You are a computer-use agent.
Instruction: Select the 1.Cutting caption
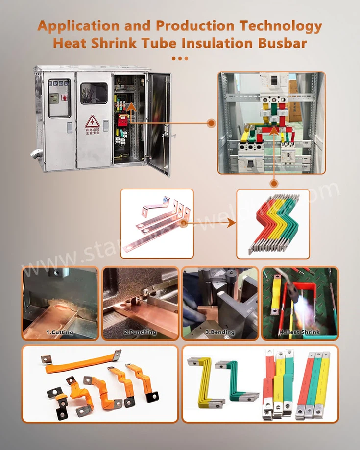[60, 332]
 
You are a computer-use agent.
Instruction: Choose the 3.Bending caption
[220, 332]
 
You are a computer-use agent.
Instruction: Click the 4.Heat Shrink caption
[299, 332]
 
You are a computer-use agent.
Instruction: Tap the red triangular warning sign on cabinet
[92, 121]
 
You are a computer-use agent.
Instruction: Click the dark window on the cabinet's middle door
[94, 93]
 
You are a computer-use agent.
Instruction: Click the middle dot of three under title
[180, 58]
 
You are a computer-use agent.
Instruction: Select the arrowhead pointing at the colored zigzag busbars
[230, 224]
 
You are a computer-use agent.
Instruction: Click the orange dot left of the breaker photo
[211, 123]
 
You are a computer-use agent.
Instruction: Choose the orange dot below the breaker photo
[273, 183]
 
